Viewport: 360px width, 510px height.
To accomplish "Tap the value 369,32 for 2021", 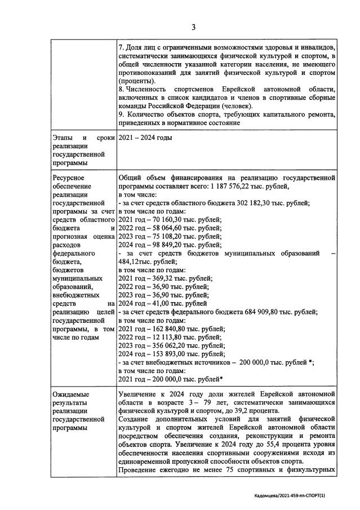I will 159,278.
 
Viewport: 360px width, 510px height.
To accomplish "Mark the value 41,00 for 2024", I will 158,304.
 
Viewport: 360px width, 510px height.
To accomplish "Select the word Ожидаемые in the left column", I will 70,394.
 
